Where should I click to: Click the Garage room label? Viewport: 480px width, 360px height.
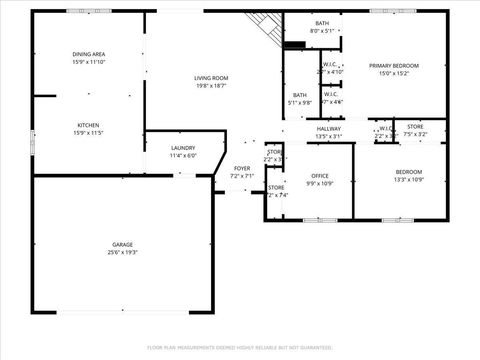[x=123, y=244]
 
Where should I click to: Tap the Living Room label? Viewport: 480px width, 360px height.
[x=211, y=78]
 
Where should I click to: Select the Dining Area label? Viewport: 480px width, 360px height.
[x=89, y=54]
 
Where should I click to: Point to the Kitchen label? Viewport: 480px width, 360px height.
[x=88, y=125]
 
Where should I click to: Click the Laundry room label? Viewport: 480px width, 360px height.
[x=184, y=148]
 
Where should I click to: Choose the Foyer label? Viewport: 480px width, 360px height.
[x=242, y=168]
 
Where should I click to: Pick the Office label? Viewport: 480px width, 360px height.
[x=319, y=176]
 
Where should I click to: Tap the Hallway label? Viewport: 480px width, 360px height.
[x=329, y=129]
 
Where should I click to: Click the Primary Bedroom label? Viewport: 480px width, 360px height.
[x=393, y=66]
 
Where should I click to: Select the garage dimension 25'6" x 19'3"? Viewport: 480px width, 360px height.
[x=123, y=252]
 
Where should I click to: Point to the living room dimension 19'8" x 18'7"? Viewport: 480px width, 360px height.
[x=211, y=86]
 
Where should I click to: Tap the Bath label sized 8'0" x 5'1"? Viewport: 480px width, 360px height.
[x=322, y=23]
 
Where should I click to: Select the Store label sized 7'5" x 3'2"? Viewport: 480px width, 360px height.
[x=415, y=126]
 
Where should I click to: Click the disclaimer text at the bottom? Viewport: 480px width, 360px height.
[x=239, y=347]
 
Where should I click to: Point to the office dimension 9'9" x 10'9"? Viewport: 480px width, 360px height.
[x=319, y=184]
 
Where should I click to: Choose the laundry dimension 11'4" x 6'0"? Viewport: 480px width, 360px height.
[x=184, y=156]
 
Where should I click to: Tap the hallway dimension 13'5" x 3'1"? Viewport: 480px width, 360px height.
[x=329, y=137]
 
